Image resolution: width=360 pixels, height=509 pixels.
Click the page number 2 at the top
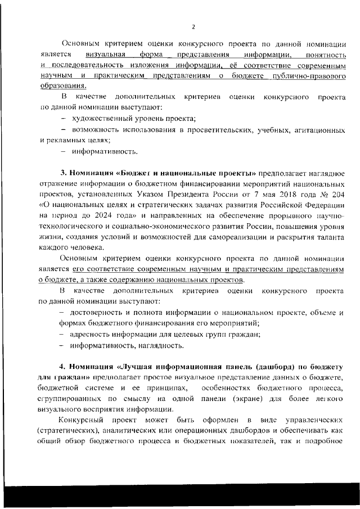[x=193, y=26]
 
